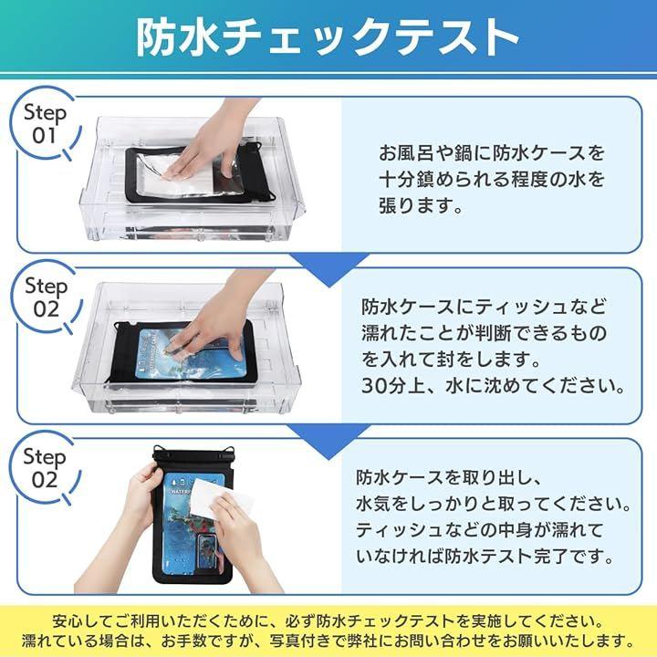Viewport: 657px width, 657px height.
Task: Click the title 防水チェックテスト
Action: click(x=328, y=37)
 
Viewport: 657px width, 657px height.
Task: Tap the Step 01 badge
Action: click(x=46, y=124)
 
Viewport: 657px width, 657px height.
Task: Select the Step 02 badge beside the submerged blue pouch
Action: click(x=47, y=297)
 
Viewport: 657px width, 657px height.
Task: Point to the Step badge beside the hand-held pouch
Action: click(x=45, y=468)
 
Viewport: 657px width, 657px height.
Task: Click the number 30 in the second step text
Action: click(x=373, y=385)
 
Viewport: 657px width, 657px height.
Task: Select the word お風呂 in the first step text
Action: click(x=406, y=153)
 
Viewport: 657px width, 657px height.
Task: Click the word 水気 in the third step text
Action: click(x=375, y=504)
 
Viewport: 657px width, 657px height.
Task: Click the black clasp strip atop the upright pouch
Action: click(x=193, y=455)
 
